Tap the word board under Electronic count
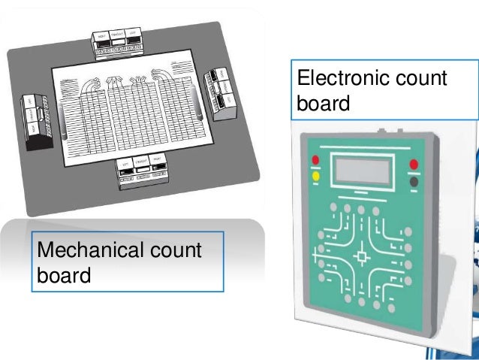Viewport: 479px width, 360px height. (324, 103)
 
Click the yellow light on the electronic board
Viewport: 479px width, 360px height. (315, 177)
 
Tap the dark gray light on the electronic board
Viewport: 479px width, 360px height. (414, 180)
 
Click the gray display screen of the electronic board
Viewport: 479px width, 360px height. (363, 171)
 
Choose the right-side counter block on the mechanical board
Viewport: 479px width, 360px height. (221, 94)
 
